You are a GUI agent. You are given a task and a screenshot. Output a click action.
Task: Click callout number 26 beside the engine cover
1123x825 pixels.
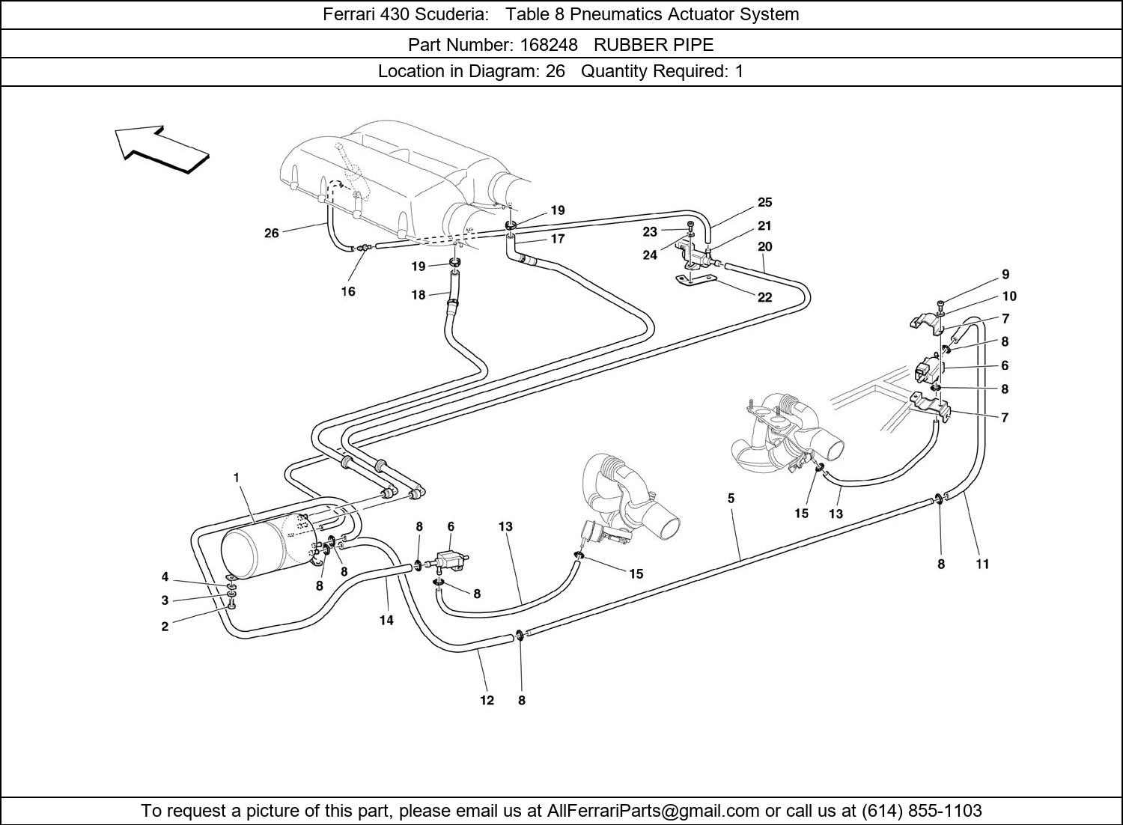[x=271, y=234]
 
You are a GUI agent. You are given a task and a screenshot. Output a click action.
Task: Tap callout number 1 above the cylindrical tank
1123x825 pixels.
[x=237, y=477]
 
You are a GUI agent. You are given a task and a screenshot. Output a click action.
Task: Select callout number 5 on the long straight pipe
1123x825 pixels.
[x=731, y=498]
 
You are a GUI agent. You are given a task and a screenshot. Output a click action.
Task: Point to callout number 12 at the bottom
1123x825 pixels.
[x=487, y=701]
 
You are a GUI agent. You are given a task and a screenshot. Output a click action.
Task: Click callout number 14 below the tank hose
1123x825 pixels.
[x=386, y=620]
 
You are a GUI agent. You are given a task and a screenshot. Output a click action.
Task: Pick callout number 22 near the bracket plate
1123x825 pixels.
[x=764, y=297]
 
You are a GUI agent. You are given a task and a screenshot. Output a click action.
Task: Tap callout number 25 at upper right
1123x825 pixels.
[x=764, y=202]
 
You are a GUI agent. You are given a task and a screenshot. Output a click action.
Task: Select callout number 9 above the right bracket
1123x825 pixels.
[x=1005, y=275]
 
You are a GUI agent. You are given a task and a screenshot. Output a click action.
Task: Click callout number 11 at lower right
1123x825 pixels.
[x=982, y=564]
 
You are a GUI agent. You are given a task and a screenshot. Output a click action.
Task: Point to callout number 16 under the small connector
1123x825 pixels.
[x=348, y=292]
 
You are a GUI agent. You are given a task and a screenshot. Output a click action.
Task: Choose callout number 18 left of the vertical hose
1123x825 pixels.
[x=418, y=295]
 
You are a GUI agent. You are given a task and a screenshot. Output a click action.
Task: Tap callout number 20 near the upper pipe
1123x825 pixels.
[x=764, y=246]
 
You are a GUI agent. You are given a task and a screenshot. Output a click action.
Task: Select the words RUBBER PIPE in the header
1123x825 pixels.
[x=654, y=45]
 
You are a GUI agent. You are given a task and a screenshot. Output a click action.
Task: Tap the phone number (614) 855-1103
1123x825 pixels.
[x=922, y=811]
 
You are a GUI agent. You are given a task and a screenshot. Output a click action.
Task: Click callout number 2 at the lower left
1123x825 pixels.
[x=165, y=627]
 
